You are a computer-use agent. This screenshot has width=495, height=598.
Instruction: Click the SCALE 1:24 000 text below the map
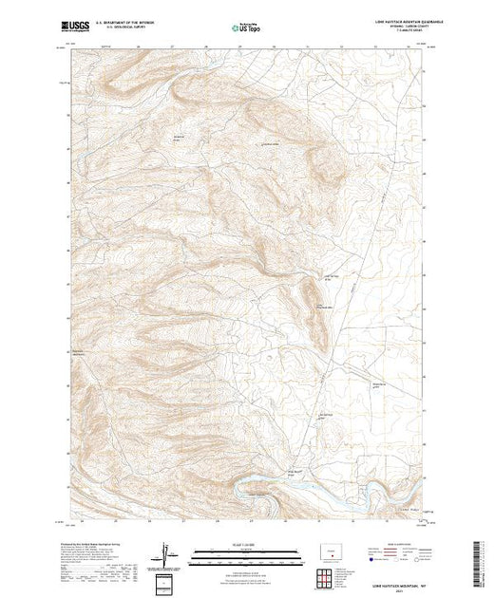(x=246, y=546)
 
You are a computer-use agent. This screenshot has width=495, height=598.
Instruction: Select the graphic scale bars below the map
(x=246, y=554)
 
